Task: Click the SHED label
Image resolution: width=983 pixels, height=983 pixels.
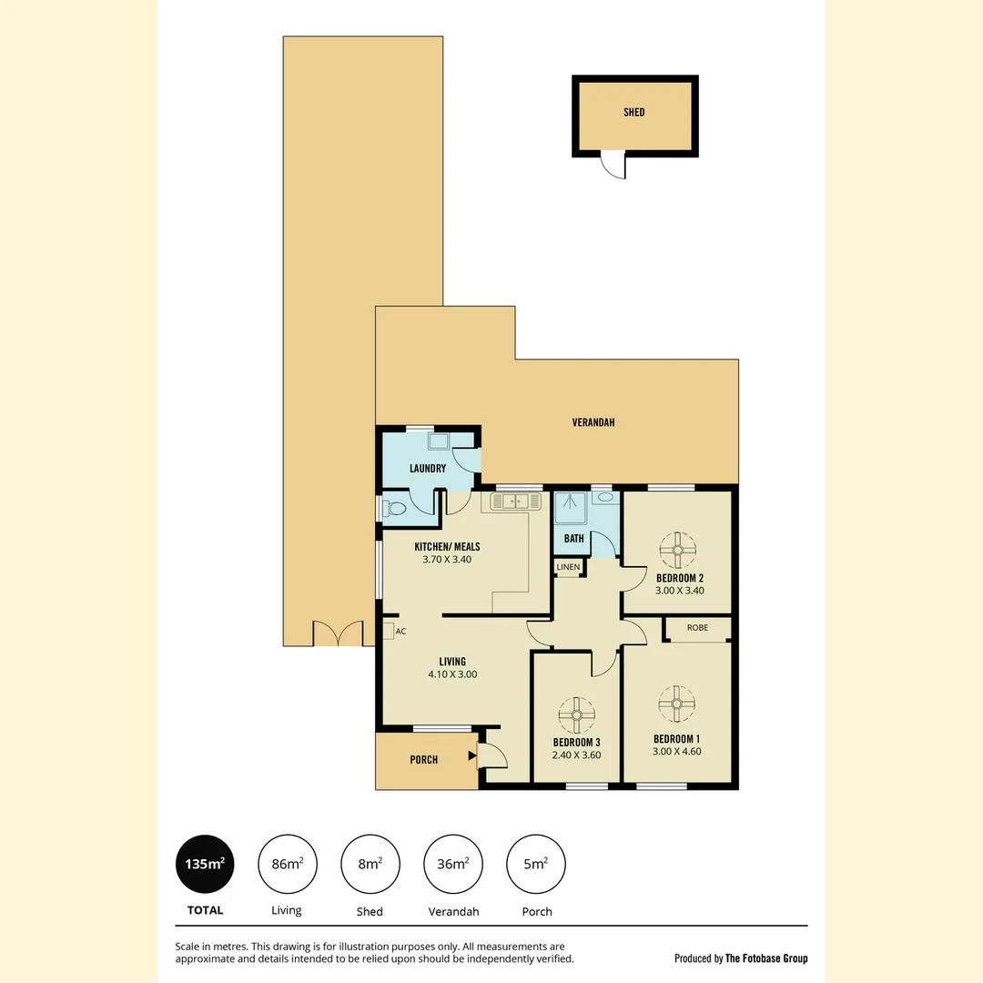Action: tap(634, 112)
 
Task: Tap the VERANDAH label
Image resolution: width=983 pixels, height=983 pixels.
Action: tap(593, 422)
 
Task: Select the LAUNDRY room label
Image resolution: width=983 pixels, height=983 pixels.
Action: tap(428, 469)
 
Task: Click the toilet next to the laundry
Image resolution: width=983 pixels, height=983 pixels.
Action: tap(394, 509)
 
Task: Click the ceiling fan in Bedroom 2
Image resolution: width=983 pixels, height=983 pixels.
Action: tap(678, 549)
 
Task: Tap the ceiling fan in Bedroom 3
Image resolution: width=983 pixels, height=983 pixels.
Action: tap(576, 714)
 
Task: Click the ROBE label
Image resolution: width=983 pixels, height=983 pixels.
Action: tap(698, 628)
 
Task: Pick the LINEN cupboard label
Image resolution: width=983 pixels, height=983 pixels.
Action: tap(568, 567)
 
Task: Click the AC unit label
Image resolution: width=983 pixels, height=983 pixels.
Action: tap(400, 631)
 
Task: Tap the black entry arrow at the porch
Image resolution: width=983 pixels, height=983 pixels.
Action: tap(471, 755)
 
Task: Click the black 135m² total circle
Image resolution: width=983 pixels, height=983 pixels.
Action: tap(205, 865)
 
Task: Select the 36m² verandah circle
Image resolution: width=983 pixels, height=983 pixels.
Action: tap(453, 865)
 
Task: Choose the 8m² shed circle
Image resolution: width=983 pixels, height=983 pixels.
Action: tap(370, 865)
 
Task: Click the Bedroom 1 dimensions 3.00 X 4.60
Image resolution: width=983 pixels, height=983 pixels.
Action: tap(677, 752)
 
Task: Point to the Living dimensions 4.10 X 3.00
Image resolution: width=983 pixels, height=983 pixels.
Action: tap(452, 674)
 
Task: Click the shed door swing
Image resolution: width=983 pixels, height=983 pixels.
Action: tap(613, 166)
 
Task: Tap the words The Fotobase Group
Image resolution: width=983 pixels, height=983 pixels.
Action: tap(765, 958)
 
